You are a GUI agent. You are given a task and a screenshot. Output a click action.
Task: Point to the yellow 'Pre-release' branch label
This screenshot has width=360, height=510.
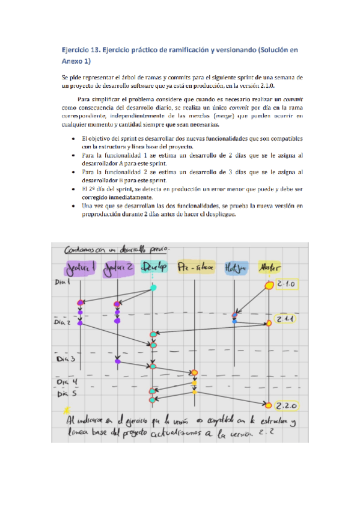pyautogui.click(x=196, y=266)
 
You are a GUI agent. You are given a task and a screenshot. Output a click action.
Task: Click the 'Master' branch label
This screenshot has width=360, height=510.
pyautogui.click(x=268, y=267)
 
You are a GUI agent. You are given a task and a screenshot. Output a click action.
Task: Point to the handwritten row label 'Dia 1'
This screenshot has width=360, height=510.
pyautogui.click(x=61, y=281)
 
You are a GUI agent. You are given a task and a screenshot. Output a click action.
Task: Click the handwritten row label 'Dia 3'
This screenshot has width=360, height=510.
pyautogui.click(x=64, y=359)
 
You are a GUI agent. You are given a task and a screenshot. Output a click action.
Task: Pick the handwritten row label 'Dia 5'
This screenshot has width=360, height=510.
pyautogui.click(x=64, y=395)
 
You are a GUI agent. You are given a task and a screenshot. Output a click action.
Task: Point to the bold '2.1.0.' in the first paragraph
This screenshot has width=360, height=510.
pyautogui.click(x=276, y=85)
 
